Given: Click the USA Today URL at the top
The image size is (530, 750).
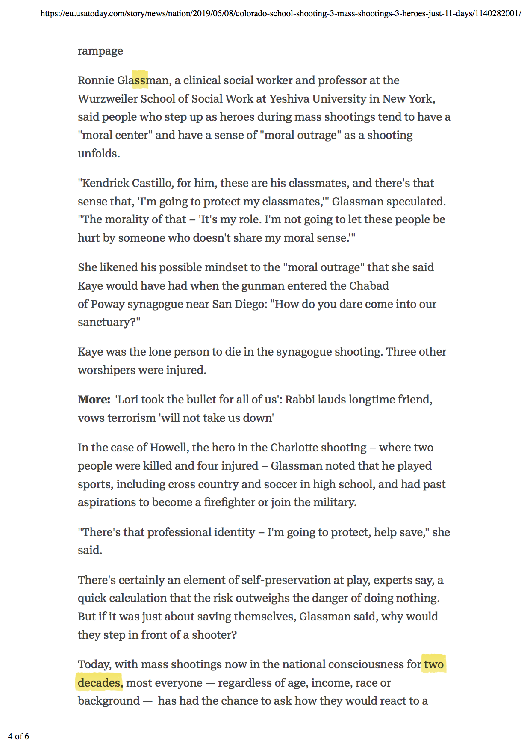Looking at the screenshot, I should coord(280,13).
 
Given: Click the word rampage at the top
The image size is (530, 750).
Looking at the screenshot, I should coord(100,51).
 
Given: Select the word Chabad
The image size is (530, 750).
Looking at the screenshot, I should coord(369,285).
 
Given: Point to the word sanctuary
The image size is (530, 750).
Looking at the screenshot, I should coord(106,322).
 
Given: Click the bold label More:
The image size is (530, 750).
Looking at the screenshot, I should coord(94,400).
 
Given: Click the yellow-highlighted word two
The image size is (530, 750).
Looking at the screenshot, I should coord(433,664).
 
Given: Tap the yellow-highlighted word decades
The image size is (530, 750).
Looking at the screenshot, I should coord(99,683).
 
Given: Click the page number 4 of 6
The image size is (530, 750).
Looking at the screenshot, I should coord(18,736).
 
